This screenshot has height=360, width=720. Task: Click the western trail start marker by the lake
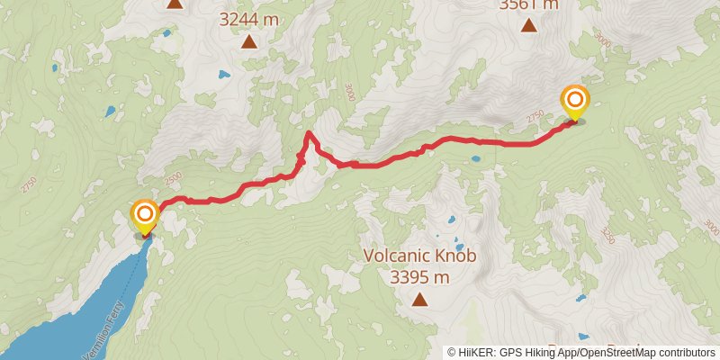pos(144,217)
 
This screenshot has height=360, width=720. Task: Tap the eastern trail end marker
pos(574,102)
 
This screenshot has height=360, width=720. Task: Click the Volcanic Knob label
pos(419,255)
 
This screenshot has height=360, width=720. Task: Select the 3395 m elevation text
pos(419,276)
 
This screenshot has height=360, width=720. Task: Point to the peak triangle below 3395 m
pos(419,300)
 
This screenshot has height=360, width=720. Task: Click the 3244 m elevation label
pos(248,17)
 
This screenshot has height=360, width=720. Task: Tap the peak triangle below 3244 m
pos(248,40)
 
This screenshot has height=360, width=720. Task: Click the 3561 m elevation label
pos(529,4)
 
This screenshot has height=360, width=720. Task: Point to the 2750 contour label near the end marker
pos(537,117)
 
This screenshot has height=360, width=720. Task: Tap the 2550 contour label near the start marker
pos(173,176)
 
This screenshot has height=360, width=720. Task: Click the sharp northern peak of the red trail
pos(309,134)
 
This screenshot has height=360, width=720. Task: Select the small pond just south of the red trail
pos(474,158)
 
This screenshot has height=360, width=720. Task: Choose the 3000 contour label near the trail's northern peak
pos(348,94)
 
